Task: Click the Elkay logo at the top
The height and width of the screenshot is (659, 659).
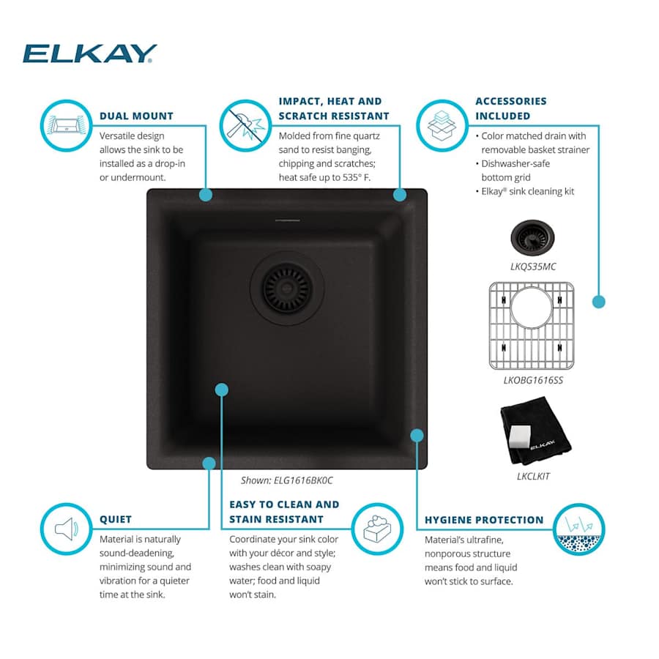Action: point(89,53)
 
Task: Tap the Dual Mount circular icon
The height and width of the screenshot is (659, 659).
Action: point(67,125)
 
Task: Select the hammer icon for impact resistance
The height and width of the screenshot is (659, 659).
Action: point(245,125)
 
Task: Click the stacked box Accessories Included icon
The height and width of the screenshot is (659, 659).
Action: point(442,125)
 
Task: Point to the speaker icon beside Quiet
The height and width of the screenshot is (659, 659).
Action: point(67,529)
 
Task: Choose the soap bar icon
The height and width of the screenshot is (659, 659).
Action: point(377,529)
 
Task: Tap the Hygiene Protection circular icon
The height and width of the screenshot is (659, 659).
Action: point(578,529)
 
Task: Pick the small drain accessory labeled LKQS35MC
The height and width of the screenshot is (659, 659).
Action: point(532,238)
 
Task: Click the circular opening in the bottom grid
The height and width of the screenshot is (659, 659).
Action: point(532,308)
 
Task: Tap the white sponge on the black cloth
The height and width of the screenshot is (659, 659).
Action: point(519,436)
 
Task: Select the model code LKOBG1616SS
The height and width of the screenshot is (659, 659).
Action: point(533,380)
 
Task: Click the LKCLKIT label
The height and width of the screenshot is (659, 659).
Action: point(533,476)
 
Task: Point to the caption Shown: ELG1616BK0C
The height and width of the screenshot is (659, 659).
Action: point(286,480)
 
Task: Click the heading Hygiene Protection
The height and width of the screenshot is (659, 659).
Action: point(484,520)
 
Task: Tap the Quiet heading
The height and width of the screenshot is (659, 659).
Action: point(116,519)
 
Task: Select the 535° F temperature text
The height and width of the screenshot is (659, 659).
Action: point(357,177)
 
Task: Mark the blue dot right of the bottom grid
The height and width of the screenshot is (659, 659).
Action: point(598,302)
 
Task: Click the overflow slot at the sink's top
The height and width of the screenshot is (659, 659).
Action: point(288,220)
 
